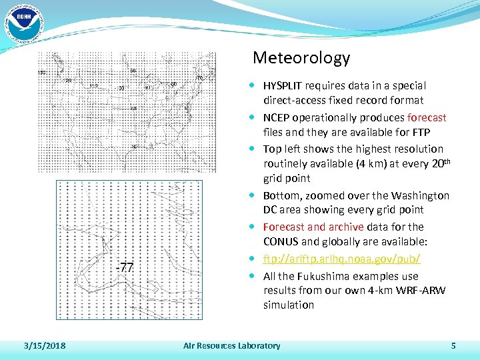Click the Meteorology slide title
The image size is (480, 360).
click(x=301, y=59)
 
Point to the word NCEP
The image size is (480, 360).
click(x=276, y=118)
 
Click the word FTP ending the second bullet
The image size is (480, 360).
click(x=420, y=133)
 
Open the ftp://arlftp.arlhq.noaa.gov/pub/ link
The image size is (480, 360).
click(x=341, y=259)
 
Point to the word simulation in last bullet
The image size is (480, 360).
click(x=289, y=305)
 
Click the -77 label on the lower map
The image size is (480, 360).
click(x=125, y=268)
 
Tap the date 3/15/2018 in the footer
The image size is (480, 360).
click(x=44, y=346)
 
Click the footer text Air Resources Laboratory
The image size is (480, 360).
click(x=232, y=346)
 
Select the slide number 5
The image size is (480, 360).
click(x=453, y=346)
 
